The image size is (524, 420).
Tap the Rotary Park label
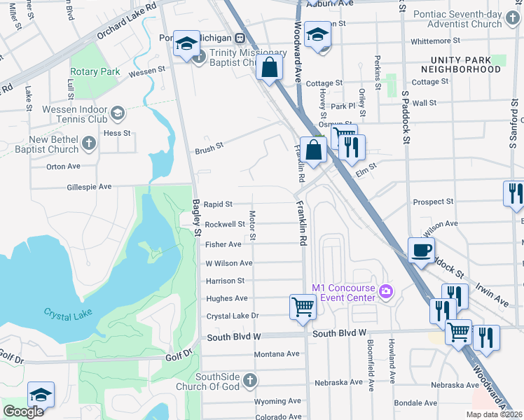(x=95, y=71)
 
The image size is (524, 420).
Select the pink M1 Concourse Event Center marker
(x=385, y=290)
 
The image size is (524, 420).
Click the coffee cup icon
(x=421, y=251)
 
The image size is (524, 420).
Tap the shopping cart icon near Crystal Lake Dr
(x=303, y=307)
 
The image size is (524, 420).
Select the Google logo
(x=23, y=412)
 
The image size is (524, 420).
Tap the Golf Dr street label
(x=179, y=357)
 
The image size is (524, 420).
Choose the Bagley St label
(x=197, y=213)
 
